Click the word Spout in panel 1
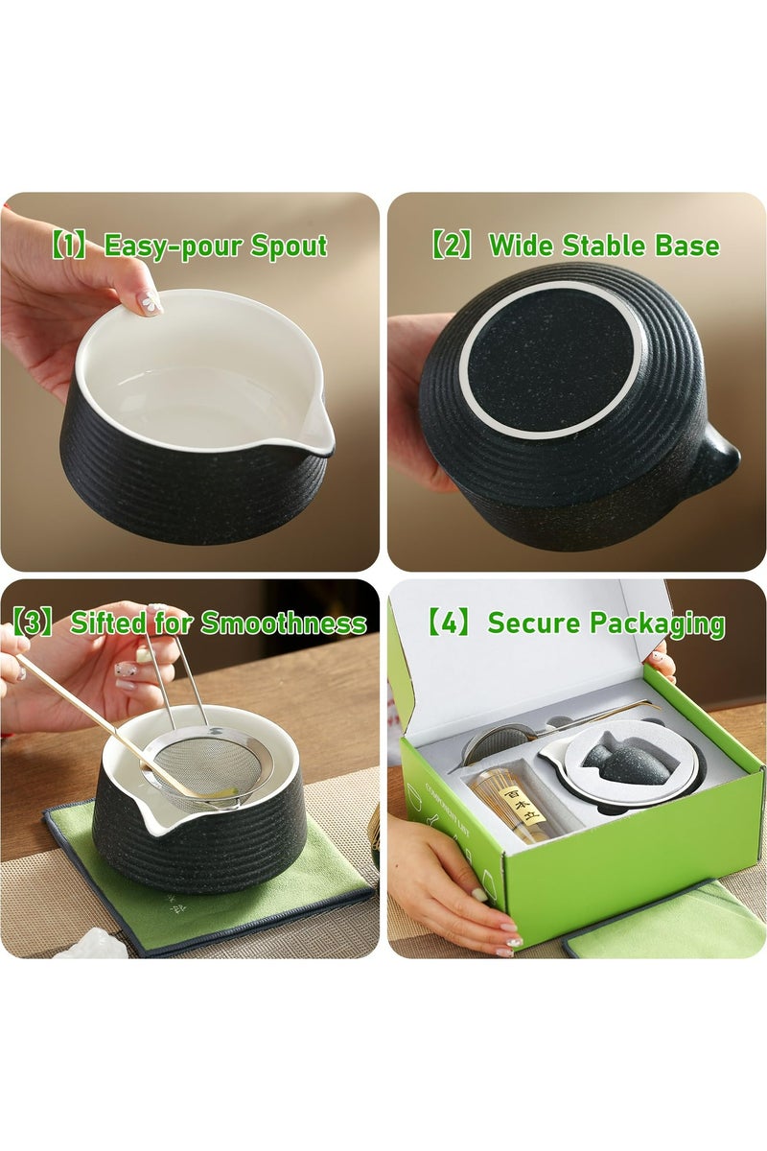[289, 247]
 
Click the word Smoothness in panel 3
[283, 623]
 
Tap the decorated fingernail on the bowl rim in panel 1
[150, 303]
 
